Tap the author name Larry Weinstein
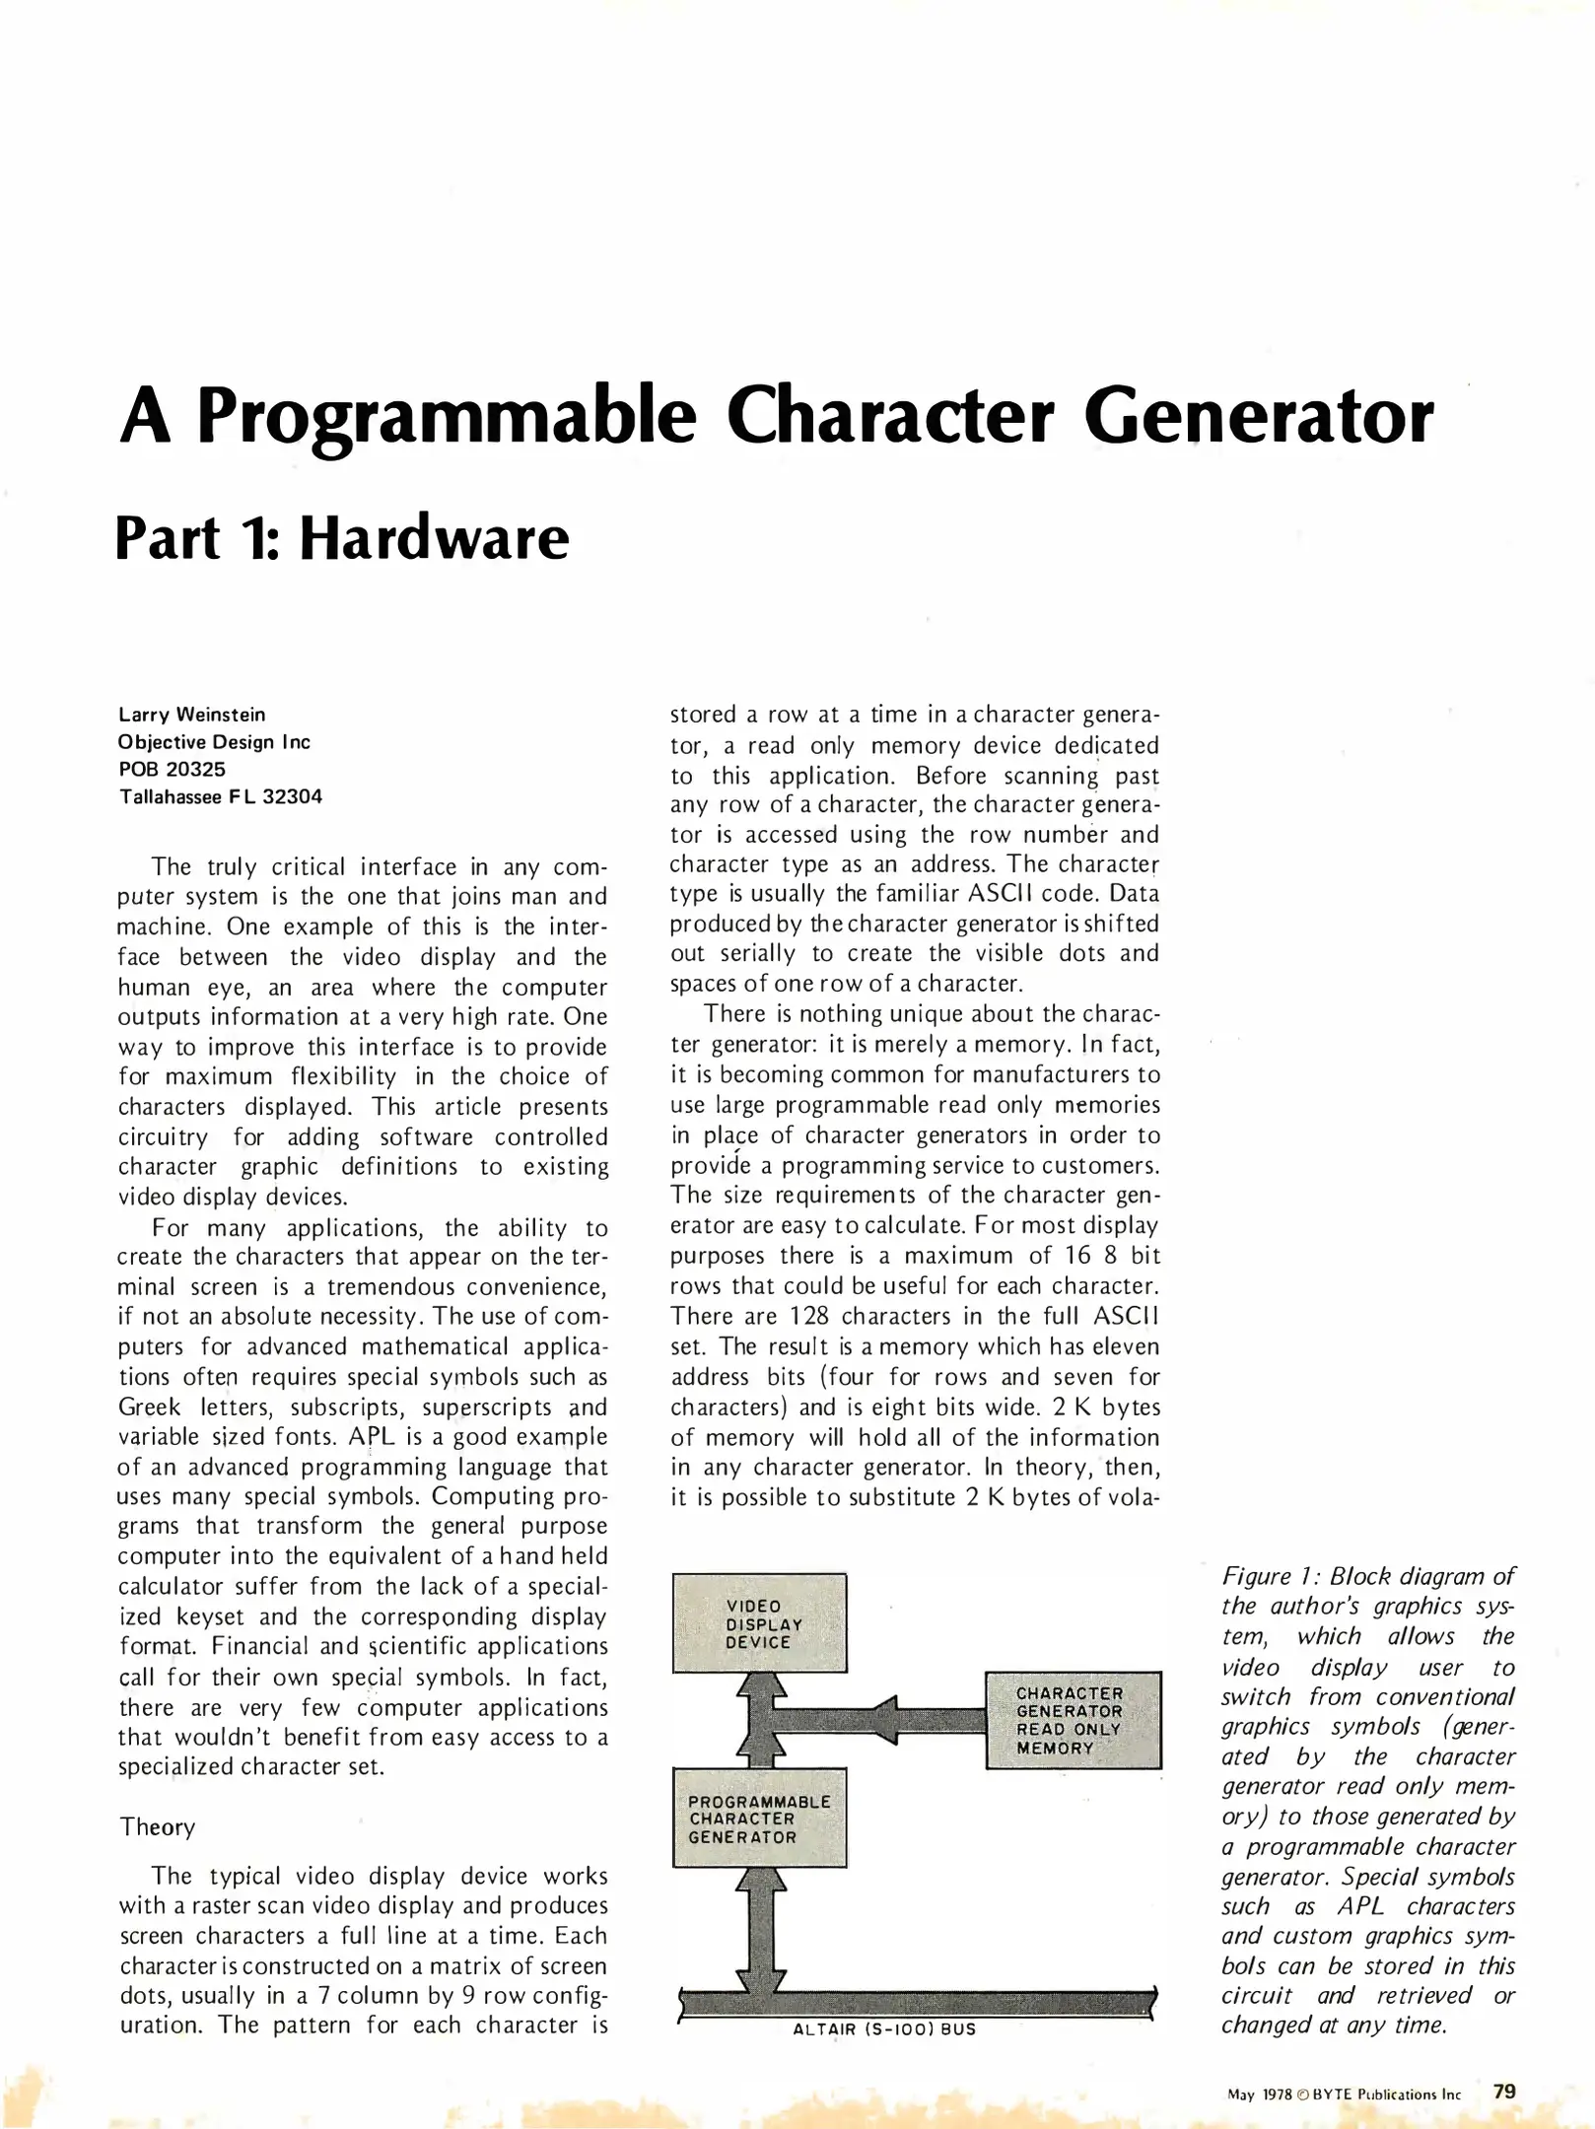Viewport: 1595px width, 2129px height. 192,715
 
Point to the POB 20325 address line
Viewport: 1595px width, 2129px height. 173,769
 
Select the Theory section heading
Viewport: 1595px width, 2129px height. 158,1826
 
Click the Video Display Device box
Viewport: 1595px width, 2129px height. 759,1623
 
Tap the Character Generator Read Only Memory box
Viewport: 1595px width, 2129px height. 1073,1720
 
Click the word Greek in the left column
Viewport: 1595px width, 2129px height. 149,1407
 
